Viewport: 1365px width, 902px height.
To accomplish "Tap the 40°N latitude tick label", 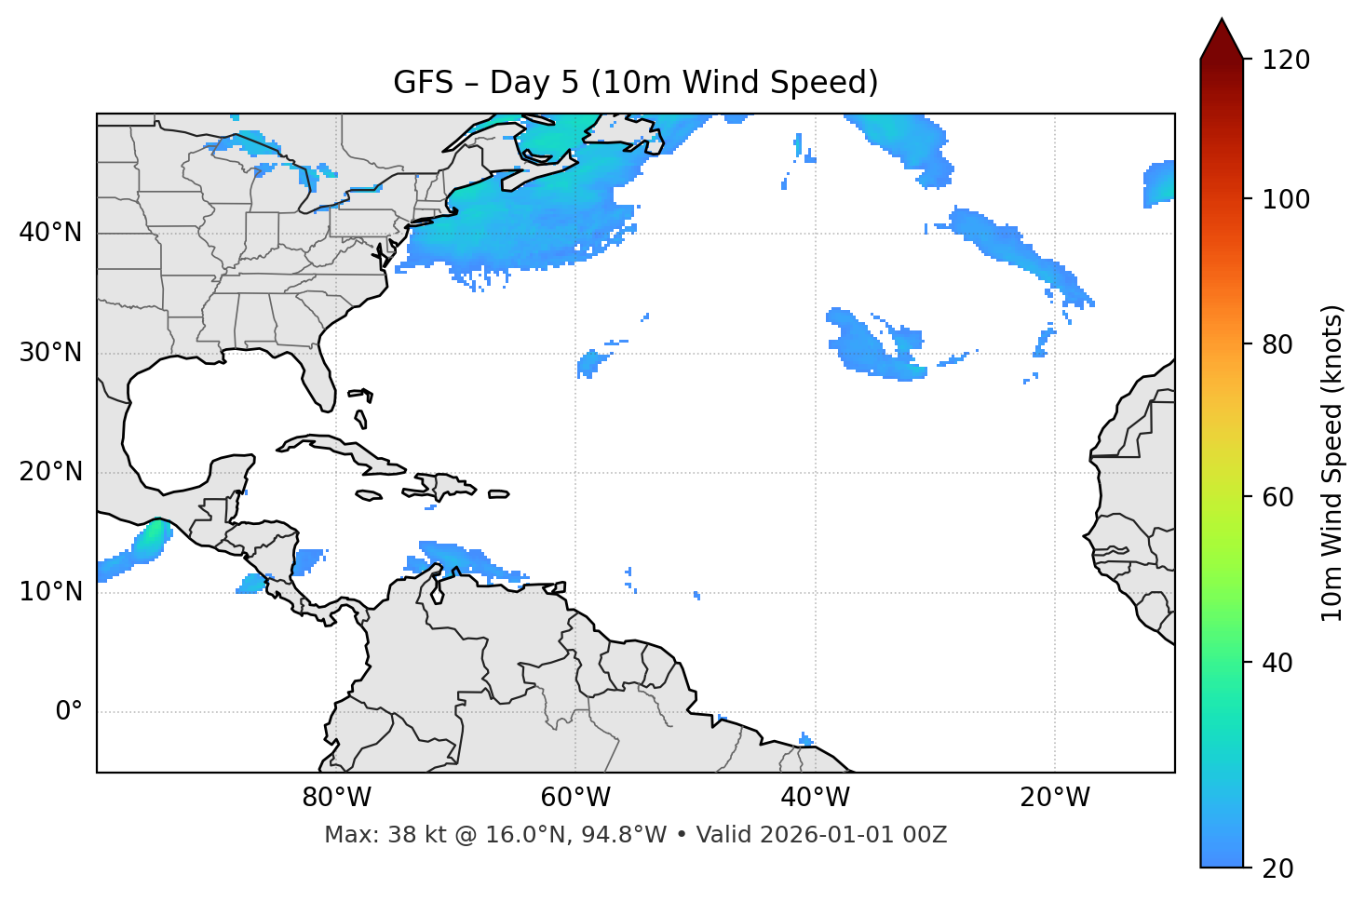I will click(x=50, y=233).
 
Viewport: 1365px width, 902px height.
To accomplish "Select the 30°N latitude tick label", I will click(x=50, y=353).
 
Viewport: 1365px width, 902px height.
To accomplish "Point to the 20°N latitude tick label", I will click(x=50, y=472).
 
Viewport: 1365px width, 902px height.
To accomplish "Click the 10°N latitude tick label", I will click(x=50, y=592).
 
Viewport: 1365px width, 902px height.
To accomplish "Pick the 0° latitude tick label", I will click(x=69, y=712).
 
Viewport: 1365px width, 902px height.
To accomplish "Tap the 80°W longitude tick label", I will click(x=336, y=798).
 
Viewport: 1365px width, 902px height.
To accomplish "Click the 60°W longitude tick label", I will click(x=575, y=798).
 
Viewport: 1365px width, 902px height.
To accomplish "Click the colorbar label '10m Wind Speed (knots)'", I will click(x=1332, y=463).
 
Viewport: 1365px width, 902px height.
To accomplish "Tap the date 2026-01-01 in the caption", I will click(x=819, y=835).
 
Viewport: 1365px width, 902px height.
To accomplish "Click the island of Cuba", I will click(x=345, y=449).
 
